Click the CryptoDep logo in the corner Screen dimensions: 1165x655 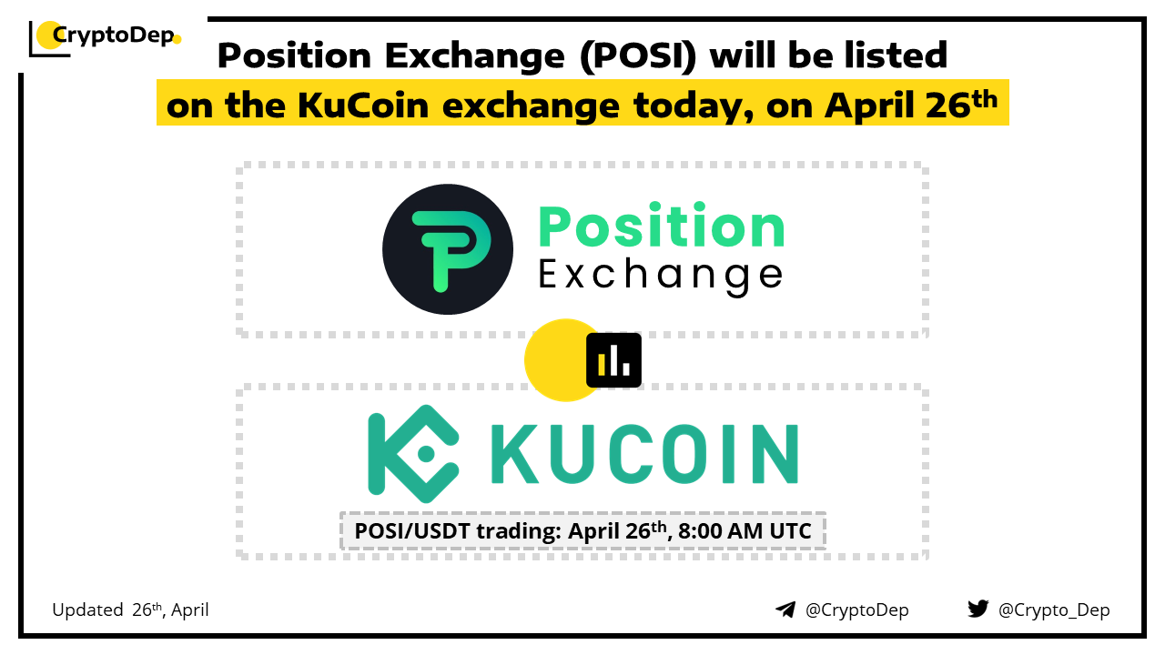point(105,37)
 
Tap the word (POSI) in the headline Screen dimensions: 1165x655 point(638,55)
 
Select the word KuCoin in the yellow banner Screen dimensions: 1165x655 point(363,106)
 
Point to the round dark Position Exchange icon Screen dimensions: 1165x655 point(448,249)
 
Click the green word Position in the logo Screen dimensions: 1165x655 point(662,227)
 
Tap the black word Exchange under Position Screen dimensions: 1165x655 point(661,276)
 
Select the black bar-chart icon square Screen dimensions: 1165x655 point(613,360)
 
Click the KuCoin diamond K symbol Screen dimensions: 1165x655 point(413,454)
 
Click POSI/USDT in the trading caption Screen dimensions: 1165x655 point(412,531)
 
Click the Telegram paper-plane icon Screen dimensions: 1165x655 point(785,610)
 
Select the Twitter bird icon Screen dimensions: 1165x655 point(978,609)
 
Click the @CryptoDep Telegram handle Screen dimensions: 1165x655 point(857,610)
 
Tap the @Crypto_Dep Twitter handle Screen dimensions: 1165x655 point(1054,610)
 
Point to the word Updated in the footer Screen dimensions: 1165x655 point(87,610)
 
